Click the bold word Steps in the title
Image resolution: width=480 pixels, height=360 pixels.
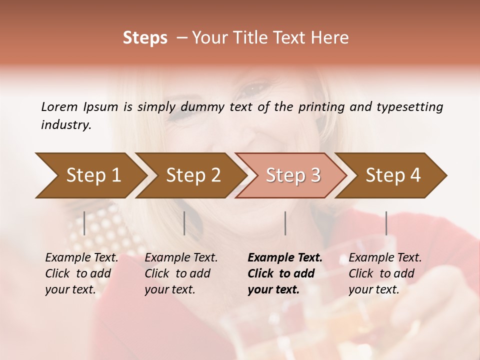pyautogui.click(x=145, y=38)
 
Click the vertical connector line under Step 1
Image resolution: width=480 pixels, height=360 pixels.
pyautogui.click(x=84, y=223)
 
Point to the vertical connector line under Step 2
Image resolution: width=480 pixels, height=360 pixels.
pyautogui.click(x=184, y=223)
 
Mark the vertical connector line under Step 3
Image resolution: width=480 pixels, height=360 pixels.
pyautogui.click(x=285, y=223)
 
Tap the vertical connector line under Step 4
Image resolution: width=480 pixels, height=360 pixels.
pyautogui.click(x=386, y=223)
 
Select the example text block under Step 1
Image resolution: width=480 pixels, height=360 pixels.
pyautogui.click(x=81, y=273)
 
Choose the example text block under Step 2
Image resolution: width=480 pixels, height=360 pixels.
pyautogui.click(x=181, y=273)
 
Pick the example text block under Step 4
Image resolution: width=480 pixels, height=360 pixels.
pyautogui.click(x=385, y=273)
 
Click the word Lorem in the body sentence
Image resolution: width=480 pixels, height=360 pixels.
pyautogui.click(x=59, y=107)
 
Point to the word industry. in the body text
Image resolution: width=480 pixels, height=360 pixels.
pyautogui.click(x=66, y=125)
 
